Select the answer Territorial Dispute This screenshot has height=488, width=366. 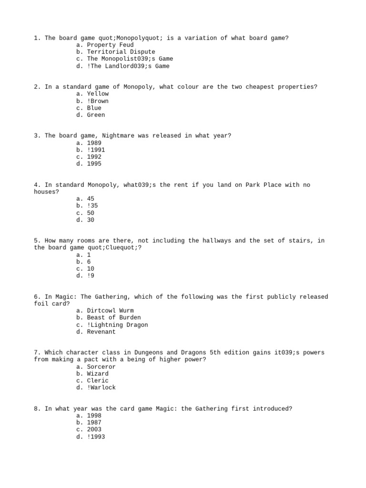coord(121,52)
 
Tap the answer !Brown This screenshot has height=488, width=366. coord(98,101)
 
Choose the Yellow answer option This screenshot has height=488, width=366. coord(98,94)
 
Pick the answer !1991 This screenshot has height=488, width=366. coord(96,150)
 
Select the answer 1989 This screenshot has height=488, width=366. coord(94,143)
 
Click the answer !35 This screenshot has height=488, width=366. coord(92,206)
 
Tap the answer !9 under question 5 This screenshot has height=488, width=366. coord(91,276)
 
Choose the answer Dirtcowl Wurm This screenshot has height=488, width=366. coord(110,311)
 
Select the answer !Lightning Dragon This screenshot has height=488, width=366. coord(117,325)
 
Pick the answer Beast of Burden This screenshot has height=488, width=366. coord(114,317)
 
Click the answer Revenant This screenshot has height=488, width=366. coord(101,332)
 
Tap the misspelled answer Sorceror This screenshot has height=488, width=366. coord(101,367)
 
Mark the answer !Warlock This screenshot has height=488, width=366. coord(101,388)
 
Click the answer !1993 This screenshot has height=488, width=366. coord(96,437)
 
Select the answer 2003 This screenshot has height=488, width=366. coord(94,429)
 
